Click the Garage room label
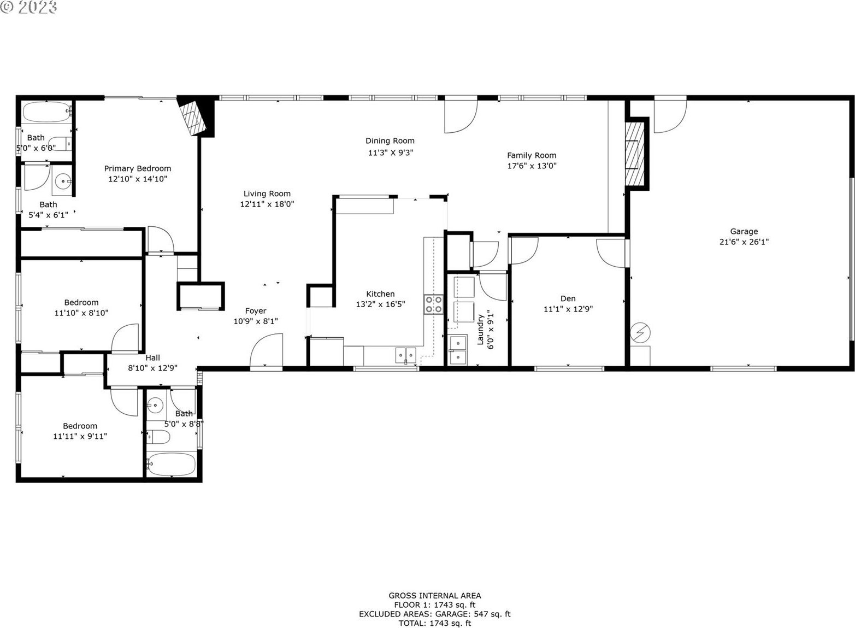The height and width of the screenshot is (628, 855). pyautogui.click(x=744, y=231)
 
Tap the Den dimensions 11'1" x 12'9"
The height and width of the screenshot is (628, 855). pyautogui.click(x=568, y=309)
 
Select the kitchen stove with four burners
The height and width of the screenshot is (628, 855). pyautogui.click(x=434, y=304)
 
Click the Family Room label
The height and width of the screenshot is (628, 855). pyautogui.click(x=532, y=155)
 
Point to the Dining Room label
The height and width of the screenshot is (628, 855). pyautogui.click(x=390, y=141)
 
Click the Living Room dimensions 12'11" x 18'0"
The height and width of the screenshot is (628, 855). pyautogui.click(x=267, y=204)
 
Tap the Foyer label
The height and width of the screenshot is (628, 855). pyautogui.click(x=256, y=311)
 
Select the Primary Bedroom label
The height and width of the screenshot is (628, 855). pyautogui.click(x=138, y=168)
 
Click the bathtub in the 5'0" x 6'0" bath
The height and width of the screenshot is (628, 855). pyautogui.click(x=47, y=111)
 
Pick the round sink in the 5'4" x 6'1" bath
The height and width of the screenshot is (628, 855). pyautogui.click(x=63, y=181)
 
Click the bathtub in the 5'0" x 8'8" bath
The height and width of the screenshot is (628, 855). pyautogui.click(x=172, y=464)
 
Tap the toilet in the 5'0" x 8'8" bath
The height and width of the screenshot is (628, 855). pyautogui.click(x=158, y=437)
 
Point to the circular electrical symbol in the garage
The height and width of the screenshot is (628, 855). pyautogui.click(x=640, y=333)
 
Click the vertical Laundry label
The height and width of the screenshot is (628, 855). pyautogui.click(x=481, y=330)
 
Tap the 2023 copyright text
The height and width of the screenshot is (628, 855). pyautogui.click(x=28, y=8)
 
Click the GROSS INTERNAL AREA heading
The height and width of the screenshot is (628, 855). pyautogui.click(x=435, y=596)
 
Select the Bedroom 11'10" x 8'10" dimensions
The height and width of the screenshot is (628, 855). pyautogui.click(x=81, y=313)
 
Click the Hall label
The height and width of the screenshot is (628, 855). pyautogui.click(x=152, y=357)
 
